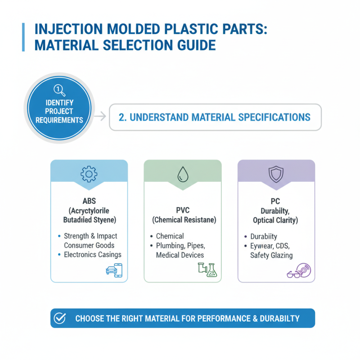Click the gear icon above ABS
pyautogui.click(x=89, y=173)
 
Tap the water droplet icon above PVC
pyautogui.click(x=182, y=173)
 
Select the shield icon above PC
pyautogui.click(x=276, y=173)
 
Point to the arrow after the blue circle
pyautogui.click(x=101, y=117)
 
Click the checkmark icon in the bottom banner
pyautogui.click(x=60, y=318)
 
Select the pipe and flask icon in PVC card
pyautogui.click(x=207, y=270)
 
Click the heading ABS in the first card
pyautogui.click(x=89, y=201)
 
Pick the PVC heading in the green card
pyautogui.click(x=182, y=210)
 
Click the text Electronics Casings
pyautogui.click(x=93, y=255)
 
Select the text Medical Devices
pyautogui.click(x=180, y=255)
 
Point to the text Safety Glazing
pyautogui.click(x=271, y=255)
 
